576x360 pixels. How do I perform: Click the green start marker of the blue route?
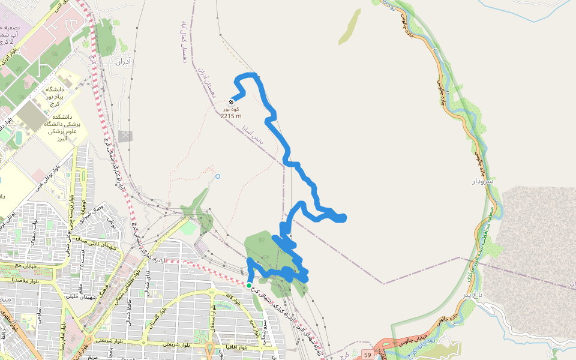pos(249,285)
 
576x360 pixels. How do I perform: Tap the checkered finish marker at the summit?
pos(232,101)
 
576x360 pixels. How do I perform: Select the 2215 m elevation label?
pos(231,116)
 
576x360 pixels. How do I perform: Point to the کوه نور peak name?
pos(231,109)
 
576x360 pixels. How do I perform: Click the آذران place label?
pos(122,61)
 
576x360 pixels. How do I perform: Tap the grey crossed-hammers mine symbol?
pos(125,136)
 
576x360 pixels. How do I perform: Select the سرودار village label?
pos(481,181)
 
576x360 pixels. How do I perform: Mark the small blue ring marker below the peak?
pos(218,176)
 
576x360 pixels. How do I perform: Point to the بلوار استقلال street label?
pos(212,316)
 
